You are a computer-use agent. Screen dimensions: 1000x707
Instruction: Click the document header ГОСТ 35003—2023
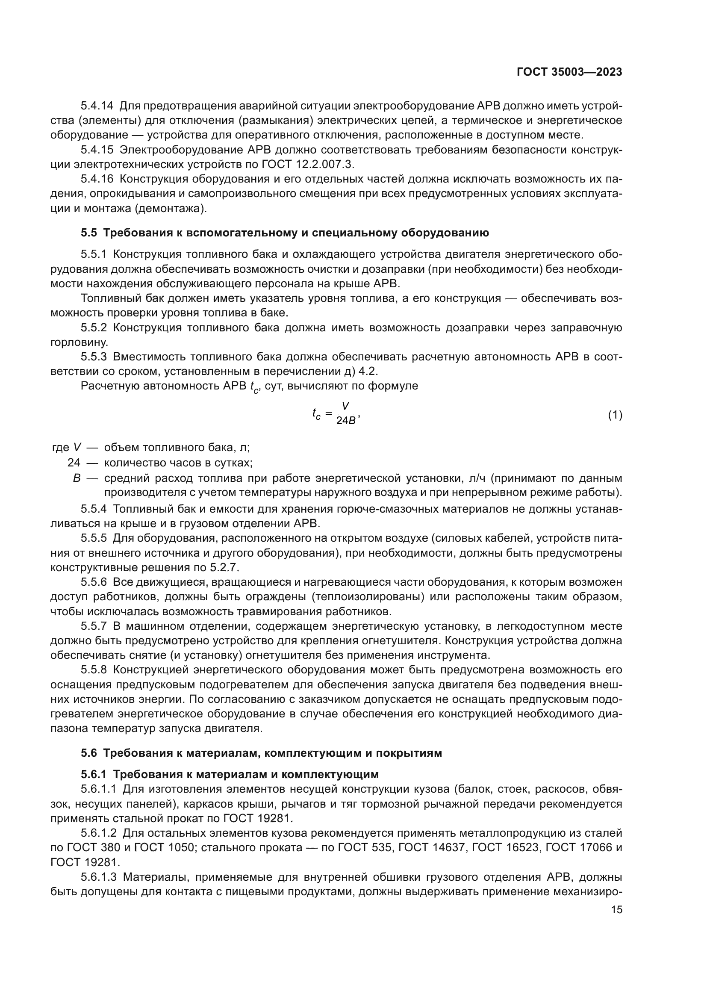pyautogui.click(x=569, y=72)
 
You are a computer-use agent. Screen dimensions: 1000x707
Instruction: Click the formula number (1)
pyautogui.click(x=615, y=416)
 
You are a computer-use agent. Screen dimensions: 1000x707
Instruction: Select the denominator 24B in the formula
pyautogui.click(x=346, y=421)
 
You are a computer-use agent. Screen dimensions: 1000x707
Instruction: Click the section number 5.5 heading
pyautogui.click(x=89, y=233)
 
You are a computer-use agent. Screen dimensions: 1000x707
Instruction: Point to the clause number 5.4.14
pyautogui.click(x=97, y=106)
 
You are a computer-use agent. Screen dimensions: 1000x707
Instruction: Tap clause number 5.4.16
pyautogui.click(x=97, y=179)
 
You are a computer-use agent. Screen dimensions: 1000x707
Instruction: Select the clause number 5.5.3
pyautogui.click(x=94, y=357)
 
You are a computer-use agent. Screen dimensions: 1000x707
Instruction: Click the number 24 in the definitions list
pyautogui.click(x=74, y=462)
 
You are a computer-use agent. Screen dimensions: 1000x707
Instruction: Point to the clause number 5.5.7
pyautogui.click(x=94, y=626)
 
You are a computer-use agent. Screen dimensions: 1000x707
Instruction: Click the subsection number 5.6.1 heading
pyautogui.click(x=94, y=774)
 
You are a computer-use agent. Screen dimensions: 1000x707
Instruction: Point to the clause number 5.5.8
pyautogui.click(x=94, y=670)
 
